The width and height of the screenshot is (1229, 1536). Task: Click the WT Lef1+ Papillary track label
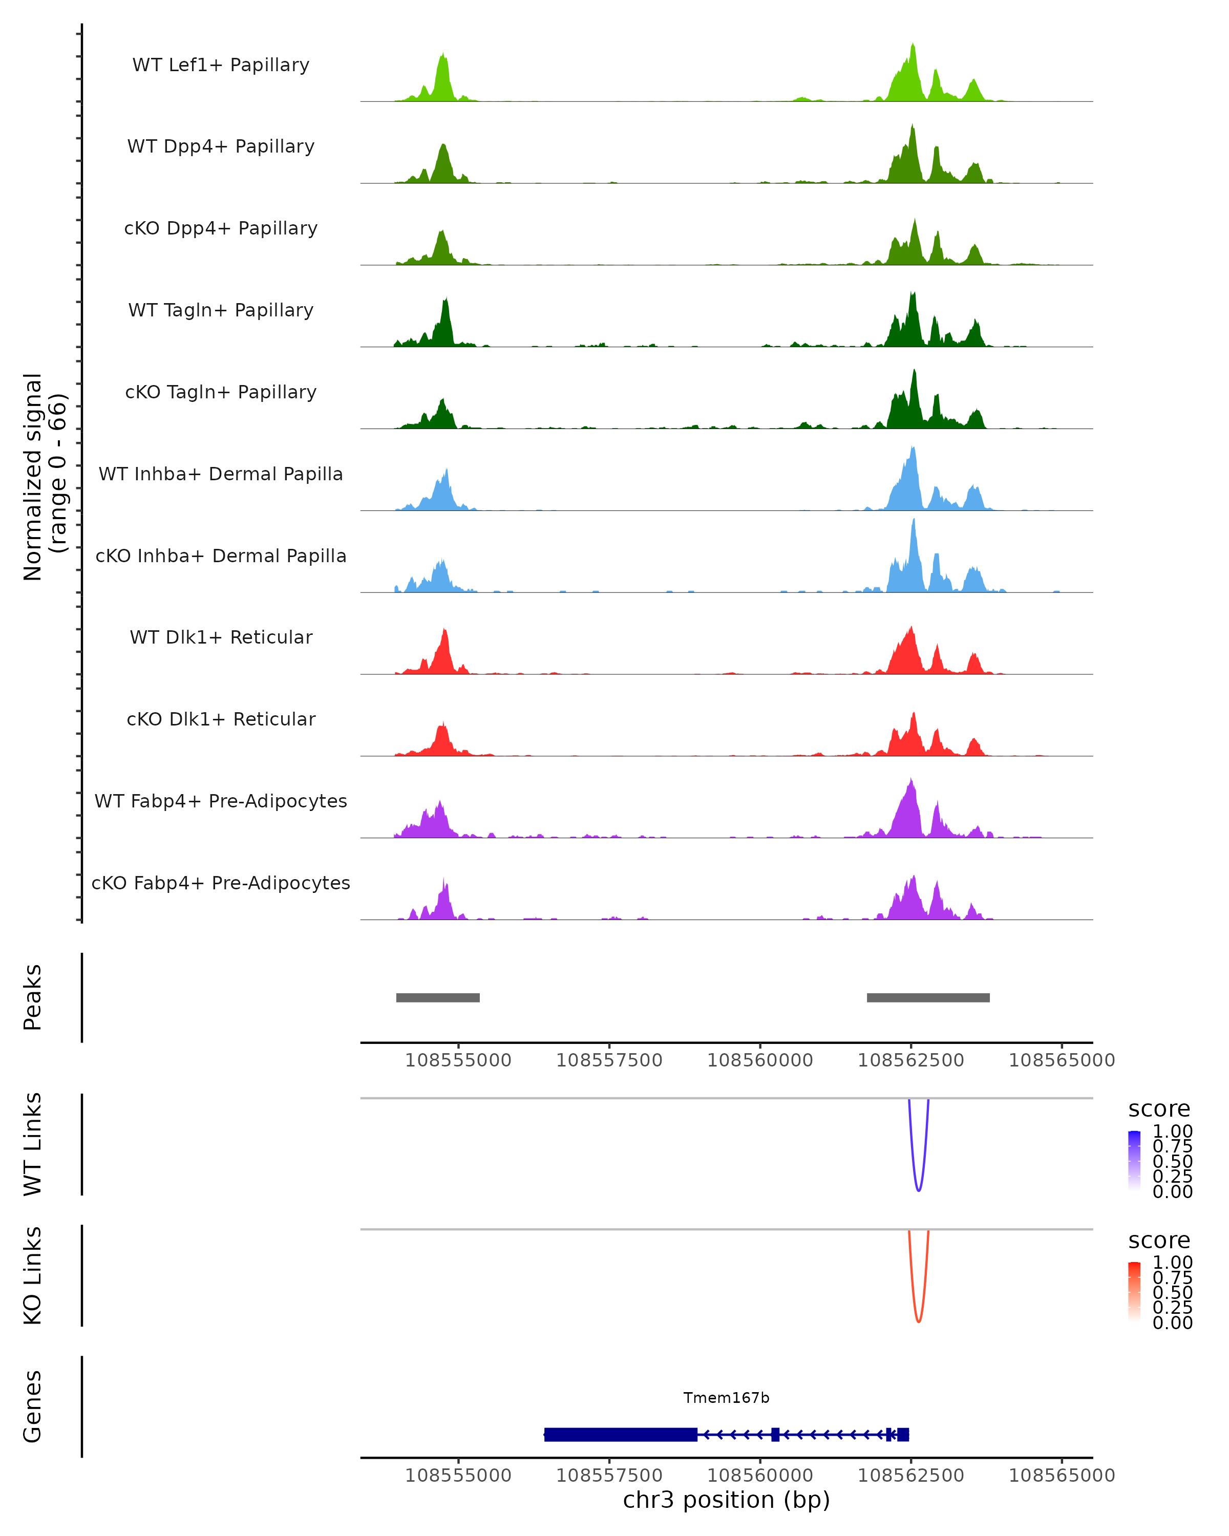[221, 65]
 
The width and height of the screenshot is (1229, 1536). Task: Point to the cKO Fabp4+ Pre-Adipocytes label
[221, 883]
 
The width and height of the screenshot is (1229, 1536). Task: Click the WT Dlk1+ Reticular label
[221, 637]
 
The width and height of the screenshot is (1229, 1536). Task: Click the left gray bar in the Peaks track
[437, 997]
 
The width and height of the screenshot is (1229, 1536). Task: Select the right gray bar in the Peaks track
[927, 997]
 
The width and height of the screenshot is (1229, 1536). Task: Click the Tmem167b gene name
[726, 1398]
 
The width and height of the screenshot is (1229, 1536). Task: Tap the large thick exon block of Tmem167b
[620, 1434]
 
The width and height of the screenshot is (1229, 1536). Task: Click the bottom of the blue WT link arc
[918, 1190]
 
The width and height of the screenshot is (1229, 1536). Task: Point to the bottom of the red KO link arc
[918, 1321]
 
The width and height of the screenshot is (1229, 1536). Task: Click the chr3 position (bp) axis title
[726, 1500]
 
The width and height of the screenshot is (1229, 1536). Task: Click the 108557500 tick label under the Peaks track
[609, 1060]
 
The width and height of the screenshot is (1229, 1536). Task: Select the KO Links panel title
[33, 1275]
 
